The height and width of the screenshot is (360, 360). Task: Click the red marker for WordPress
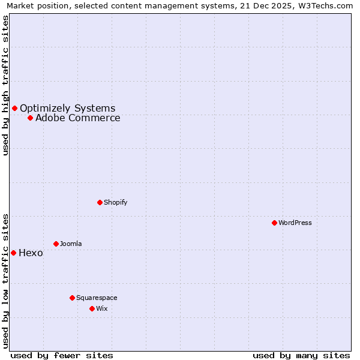coord(274,223)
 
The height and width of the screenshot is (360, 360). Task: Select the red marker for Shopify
coord(100,202)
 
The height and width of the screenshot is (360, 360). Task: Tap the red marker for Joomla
coord(56,244)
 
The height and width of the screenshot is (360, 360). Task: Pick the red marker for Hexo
coord(13,253)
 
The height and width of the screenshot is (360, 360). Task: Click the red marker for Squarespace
coord(72,298)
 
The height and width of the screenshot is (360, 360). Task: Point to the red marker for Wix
coord(92,308)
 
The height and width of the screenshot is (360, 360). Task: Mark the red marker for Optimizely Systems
coord(14,108)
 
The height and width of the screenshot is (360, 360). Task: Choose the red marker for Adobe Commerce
coord(30,118)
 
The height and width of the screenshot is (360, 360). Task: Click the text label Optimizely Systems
coord(67,108)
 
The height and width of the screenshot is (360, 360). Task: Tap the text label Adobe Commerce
coord(77,118)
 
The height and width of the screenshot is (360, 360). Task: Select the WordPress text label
coord(295,223)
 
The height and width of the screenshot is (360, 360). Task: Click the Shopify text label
coord(115,202)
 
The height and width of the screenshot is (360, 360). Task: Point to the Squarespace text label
coord(97,298)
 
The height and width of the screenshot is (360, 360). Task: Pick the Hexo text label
coord(31,253)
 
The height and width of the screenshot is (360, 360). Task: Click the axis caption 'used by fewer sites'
coord(62,355)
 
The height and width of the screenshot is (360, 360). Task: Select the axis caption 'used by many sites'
coord(301,355)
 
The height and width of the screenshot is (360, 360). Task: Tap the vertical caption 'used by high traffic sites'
coord(5,85)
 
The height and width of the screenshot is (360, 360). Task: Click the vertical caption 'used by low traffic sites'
coord(5,280)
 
